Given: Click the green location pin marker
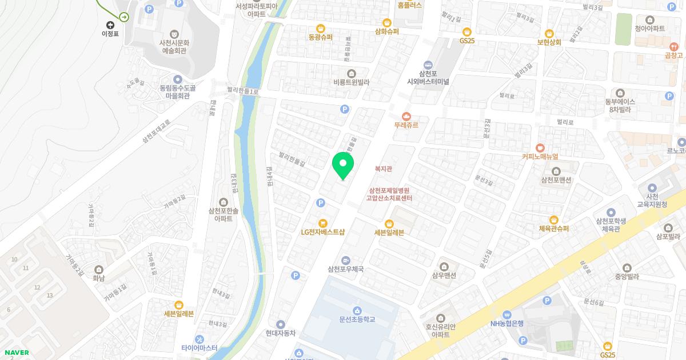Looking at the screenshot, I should [x=343, y=165].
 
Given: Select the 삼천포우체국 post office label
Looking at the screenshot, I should [x=345, y=269].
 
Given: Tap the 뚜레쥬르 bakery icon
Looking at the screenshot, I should [x=406, y=116].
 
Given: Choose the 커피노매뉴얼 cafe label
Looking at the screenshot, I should [x=540, y=156].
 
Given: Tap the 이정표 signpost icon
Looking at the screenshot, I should [x=110, y=25].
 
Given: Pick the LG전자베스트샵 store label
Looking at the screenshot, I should [x=323, y=232].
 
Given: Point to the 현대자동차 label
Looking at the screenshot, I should [x=280, y=333].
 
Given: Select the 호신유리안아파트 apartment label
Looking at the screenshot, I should [x=441, y=330].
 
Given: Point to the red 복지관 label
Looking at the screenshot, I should [x=383, y=169].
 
